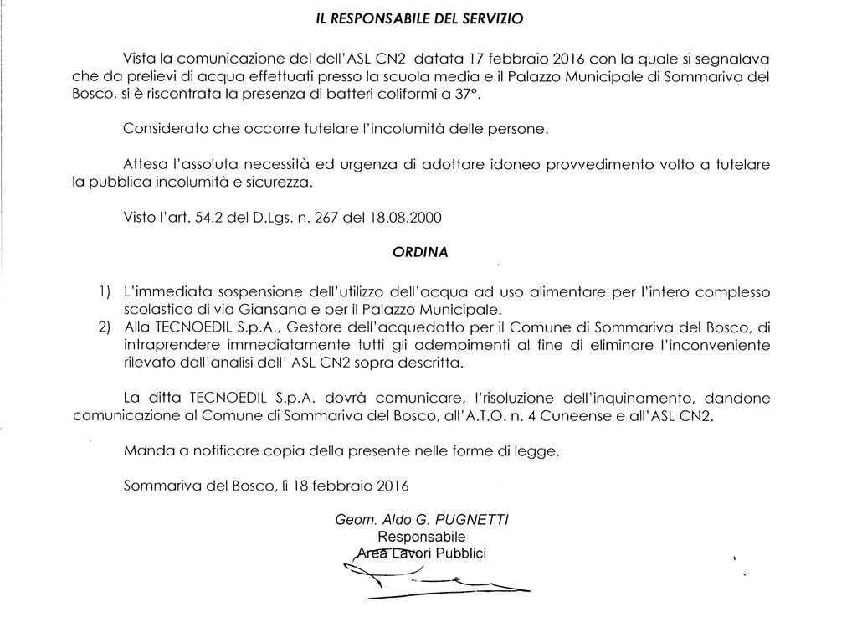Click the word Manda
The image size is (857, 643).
pos(144,451)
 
